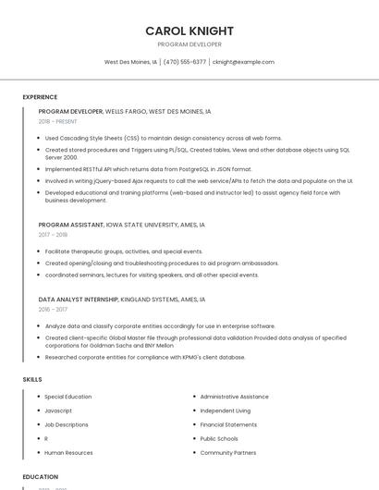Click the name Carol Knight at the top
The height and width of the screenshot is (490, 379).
(x=189, y=31)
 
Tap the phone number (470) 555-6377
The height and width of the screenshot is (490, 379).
(x=185, y=62)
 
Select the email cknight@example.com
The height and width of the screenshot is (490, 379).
(x=243, y=62)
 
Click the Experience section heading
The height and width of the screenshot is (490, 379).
(x=40, y=96)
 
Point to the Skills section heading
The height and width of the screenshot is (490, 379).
(x=31, y=379)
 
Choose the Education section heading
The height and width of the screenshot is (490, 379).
(x=41, y=476)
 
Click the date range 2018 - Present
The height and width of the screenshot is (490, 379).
(x=58, y=121)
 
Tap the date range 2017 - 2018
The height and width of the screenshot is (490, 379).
(x=53, y=235)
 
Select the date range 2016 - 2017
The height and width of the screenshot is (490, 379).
(x=53, y=310)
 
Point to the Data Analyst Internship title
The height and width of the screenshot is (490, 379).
(x=78, y=300)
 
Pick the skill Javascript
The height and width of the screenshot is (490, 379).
(x=58, y=410)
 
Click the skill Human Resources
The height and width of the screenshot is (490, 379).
(x=68, y=453)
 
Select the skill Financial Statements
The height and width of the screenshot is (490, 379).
(x=228, y=424)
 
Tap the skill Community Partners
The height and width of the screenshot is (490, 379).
(x=228, y=453)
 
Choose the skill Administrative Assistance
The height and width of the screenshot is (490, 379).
(x=234, y=397)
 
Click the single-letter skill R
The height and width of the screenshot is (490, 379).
(x=46, y=438)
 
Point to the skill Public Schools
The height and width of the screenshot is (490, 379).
(x=219, y=438)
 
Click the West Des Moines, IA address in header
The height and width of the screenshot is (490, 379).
(x=130, y=62)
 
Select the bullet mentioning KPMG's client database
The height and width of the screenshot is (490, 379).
(x=145, y=357)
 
